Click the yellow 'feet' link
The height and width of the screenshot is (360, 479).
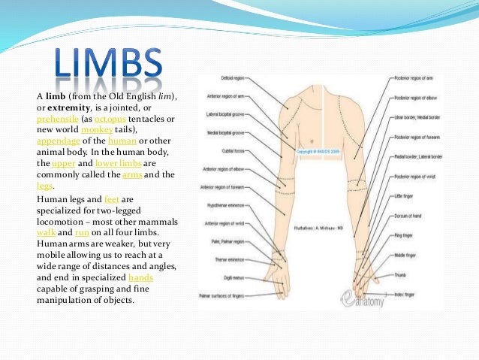pyautogui.click(x=112, y=198)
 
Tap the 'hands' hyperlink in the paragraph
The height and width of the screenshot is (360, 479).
pyautogui.click(x=141, y=278)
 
